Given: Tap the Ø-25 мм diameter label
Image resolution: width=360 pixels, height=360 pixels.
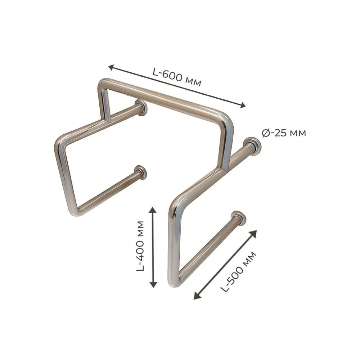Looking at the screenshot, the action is pos(284,133).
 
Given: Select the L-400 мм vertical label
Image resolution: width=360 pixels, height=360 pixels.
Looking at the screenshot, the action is pos(140,246).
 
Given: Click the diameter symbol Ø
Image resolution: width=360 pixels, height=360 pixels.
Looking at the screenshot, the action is pos(266,133).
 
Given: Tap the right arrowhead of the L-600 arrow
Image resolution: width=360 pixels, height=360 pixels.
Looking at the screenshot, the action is pos(242,105).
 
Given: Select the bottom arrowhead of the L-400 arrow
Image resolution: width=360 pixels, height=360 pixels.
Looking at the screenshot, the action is pos(153,284).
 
